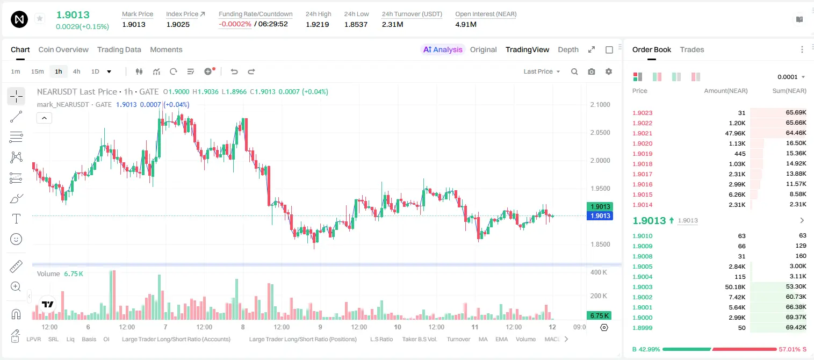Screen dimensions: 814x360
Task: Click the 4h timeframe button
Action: (76, 71)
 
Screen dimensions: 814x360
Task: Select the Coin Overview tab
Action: (63, 49)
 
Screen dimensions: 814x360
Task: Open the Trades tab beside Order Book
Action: (692, 49)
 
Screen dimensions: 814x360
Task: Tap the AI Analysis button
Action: (443, 49)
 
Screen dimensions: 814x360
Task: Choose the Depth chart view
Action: (568, 49)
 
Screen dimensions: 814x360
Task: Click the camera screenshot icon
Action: (592, 71)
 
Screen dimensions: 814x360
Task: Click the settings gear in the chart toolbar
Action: (609, 71)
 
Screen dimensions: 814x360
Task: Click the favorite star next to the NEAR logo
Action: (40, 19)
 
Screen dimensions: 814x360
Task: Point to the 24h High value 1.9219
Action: (317, 24)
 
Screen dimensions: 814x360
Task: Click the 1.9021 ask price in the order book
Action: (642, 133)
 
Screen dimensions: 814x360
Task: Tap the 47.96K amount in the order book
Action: (735, 133)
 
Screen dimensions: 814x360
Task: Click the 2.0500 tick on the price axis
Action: (600, 133)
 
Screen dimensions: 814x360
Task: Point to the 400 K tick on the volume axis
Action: (599, 272)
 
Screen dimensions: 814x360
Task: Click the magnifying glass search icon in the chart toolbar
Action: (574, 71)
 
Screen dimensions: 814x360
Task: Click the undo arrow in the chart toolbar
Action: (234, 71)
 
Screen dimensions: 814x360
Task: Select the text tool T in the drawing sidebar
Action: (16, 219)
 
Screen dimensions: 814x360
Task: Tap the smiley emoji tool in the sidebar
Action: (16, 239)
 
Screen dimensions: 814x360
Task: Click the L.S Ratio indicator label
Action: (381, 339)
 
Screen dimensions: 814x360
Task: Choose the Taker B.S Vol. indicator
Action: (419, 339)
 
